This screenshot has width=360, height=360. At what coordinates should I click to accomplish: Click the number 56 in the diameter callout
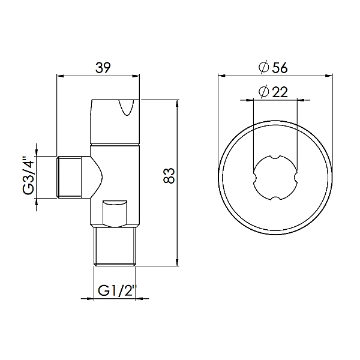[x=281, y=68]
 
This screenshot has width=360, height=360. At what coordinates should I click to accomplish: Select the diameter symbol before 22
[x=262, y=92]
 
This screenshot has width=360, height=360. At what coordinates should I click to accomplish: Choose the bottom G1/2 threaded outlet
[x=116, y=246]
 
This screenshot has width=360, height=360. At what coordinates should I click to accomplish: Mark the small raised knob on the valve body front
[x=115, y=212]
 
